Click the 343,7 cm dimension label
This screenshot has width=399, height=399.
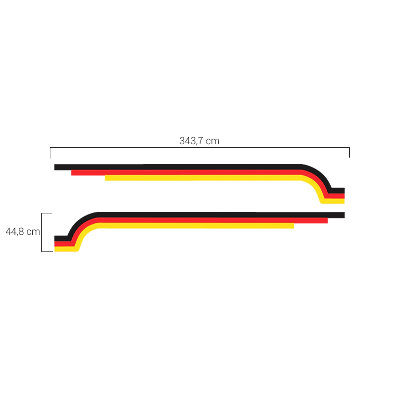[199, 141]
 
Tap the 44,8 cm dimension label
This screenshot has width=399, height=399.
[23, 231]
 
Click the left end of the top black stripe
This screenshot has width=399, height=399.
[55, 167]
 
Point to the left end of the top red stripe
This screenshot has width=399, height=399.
[71, 173]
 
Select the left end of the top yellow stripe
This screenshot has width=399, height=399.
[105, 178]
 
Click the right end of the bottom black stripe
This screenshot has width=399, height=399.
[344, 215]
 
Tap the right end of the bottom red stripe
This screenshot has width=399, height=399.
[328, 220]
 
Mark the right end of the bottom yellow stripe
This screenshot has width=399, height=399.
[294, 226]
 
